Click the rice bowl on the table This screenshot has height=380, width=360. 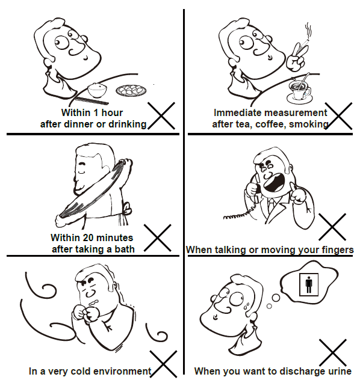tap(97, 90)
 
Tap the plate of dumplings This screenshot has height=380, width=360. tap(131, 90)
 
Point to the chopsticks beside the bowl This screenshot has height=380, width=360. tap(92, 100)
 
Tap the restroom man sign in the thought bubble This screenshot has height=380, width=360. tap(309, 284)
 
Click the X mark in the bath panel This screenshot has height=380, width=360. tap(158, 237)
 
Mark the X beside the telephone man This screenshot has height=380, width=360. tap(332, 227)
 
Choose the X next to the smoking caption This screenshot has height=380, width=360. tap(338, 116)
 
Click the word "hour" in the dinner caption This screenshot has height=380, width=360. tap(112, 112)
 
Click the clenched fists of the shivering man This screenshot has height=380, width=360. tap(86, 313)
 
